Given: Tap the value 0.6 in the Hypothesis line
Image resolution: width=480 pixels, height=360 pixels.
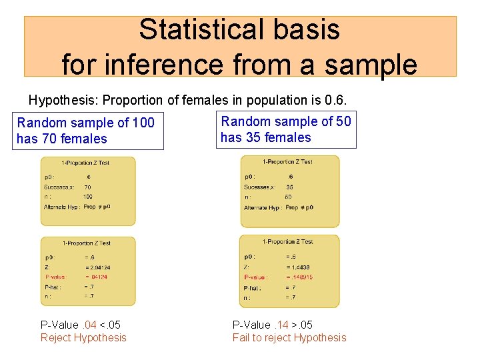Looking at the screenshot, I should (x=335, y=101).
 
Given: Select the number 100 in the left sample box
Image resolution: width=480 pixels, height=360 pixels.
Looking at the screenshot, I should (x=143, y=123).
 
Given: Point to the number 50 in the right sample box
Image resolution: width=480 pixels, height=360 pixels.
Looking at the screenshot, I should (x=343, y=121).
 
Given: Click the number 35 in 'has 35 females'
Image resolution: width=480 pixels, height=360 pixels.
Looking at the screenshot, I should (x=253, y=137).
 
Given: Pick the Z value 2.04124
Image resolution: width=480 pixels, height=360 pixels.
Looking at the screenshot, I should (x=97, y=267).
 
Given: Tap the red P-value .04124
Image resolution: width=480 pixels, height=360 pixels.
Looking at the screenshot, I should (x=97, y=277).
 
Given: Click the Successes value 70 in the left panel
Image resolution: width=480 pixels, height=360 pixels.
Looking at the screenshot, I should (x=87, y=187).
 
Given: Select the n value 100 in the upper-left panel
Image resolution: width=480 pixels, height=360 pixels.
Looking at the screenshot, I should (x=88, y=197).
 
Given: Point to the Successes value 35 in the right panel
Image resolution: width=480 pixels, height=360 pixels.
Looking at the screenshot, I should (x=289, y=187).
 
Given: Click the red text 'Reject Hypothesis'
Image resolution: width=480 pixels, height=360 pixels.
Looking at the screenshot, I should (x=83, y=337).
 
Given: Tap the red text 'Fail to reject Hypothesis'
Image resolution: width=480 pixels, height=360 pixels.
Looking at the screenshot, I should (x=289, y=337).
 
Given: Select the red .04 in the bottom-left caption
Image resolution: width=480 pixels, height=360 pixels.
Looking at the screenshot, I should (x=89, y=325).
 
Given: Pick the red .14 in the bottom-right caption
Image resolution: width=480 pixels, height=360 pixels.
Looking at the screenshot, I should (x=282, y=325).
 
